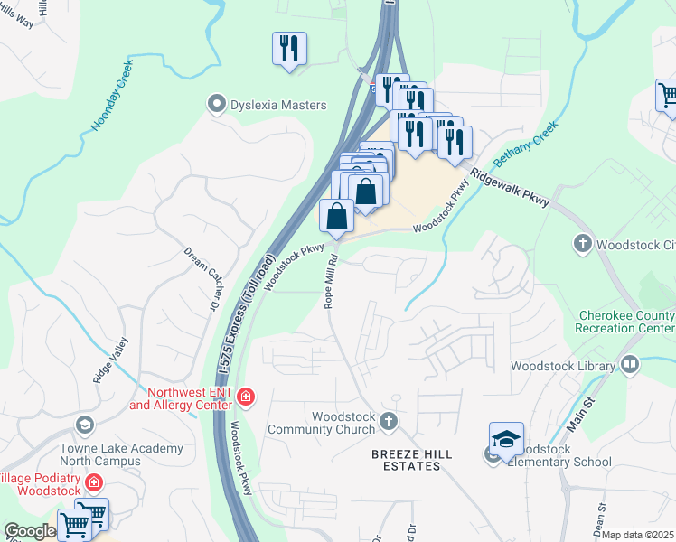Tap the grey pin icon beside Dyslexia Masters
[216, 105]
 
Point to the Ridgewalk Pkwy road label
[509, 187]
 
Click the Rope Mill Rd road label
[332, 280]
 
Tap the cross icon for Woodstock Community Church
[388, 421]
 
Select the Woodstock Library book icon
[630, 366]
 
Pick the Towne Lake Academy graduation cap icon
[84, 425]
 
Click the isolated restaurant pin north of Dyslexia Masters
[289, 49]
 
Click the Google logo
[30, 531]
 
